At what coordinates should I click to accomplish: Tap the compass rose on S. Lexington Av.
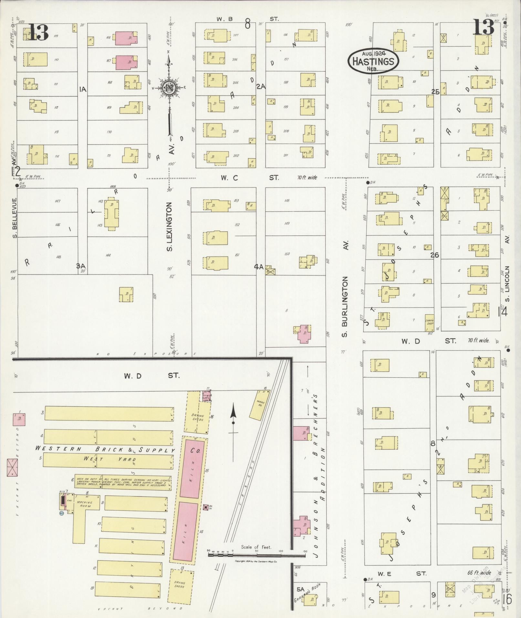coord(168,88)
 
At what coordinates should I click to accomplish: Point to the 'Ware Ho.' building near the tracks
coord(260,404)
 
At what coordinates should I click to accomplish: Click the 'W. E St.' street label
coord(402,573)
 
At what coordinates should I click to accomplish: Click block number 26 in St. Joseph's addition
coord(435,255)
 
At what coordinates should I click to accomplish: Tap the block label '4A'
coord(259,267)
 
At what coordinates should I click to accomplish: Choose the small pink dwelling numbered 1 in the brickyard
coord(19,420)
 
